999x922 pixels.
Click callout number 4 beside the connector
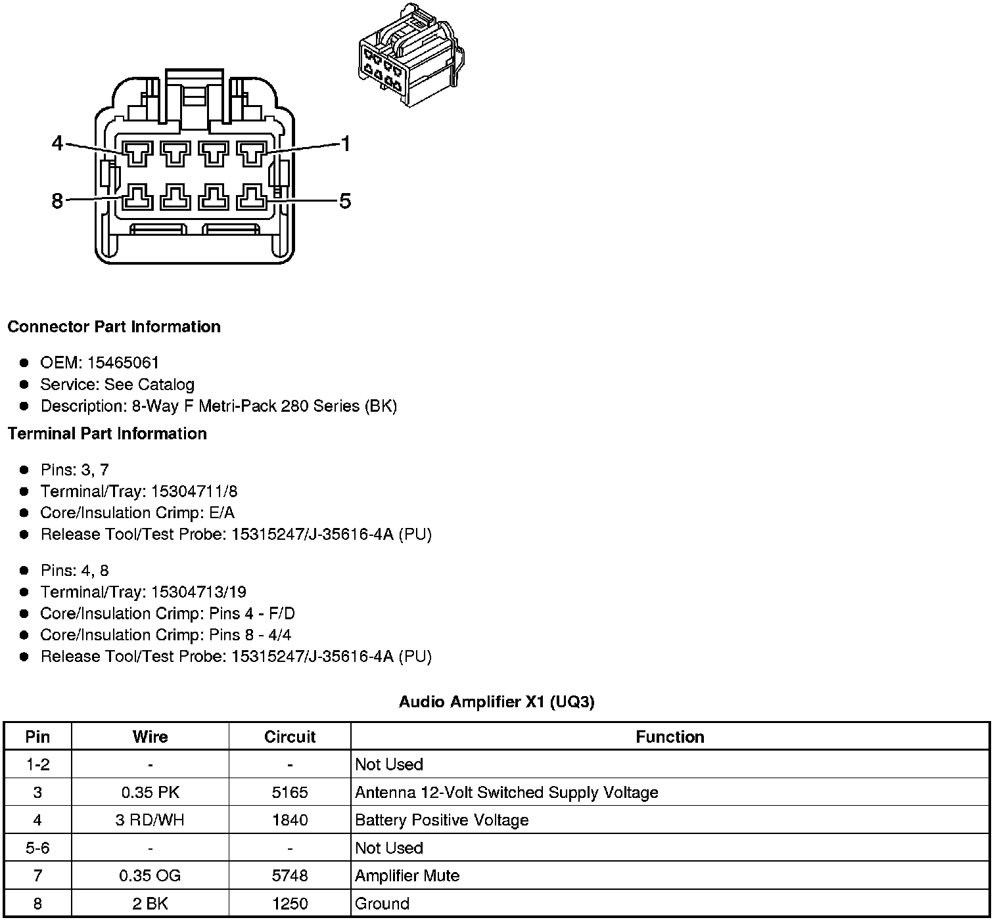pos(58,143)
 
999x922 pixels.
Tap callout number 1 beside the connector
pos(345,144)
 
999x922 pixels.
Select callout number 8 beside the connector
pos(58,200)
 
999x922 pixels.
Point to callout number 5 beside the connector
pos(345,200)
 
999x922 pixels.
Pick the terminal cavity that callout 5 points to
pos(251,196)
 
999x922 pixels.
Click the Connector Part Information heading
pos(114,327)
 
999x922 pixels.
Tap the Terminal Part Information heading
pos(107,434)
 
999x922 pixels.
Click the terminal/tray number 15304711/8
pos(194,492)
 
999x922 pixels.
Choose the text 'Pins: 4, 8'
pos(74,571)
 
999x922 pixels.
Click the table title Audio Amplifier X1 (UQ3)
pos(496,702)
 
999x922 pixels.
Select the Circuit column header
pos(290,737)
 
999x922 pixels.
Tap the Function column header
pos(670,737)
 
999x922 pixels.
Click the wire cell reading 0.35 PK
pos(150,793)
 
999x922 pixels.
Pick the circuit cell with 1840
pos(290,820)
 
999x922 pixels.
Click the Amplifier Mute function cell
pos(407,876)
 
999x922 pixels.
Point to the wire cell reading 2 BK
pos(150,904)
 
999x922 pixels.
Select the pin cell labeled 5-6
pos(37,848)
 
